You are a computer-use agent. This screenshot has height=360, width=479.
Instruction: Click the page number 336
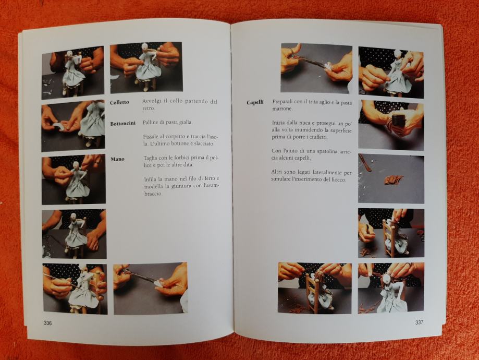(47, 323)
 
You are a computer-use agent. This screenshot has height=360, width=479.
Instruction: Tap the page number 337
(419, 322)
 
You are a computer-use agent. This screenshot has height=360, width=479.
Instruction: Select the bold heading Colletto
(119, 102)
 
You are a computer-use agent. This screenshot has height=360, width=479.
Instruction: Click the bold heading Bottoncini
(123, 124)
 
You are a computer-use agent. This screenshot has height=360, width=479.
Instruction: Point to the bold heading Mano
(118, 159)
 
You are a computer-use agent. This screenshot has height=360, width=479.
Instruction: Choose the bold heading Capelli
(255, 102)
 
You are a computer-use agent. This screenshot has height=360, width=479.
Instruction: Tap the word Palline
(150, 122)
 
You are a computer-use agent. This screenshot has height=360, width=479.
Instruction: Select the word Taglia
(151, 158)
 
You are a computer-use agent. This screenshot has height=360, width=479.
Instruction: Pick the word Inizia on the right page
(278, 123)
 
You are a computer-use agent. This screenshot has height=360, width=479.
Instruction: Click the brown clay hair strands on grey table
(394, 180)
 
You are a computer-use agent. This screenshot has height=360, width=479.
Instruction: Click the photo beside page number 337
(391, 288)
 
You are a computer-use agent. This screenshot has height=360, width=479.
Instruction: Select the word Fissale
(151, 137)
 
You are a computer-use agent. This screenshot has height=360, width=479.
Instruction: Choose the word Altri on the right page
(276, 172)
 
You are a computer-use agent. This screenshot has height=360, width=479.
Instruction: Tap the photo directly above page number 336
(75, 289)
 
